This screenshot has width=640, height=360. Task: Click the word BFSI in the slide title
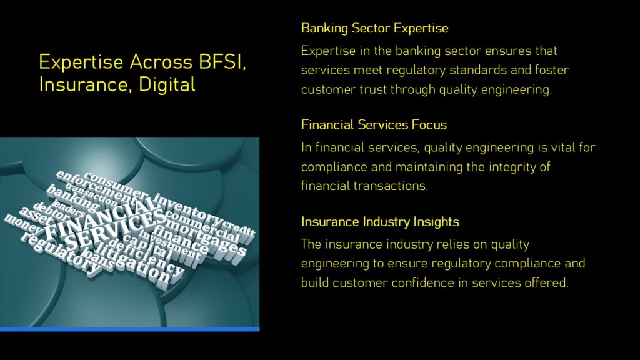pos(222,62)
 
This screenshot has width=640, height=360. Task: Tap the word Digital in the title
pos(167,84)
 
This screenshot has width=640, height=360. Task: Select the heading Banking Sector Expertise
pos(375,28)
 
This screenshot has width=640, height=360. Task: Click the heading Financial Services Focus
pos(374,124)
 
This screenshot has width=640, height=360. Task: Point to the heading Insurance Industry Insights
pos(380,222)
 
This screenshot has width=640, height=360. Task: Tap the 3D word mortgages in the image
pos(207,237)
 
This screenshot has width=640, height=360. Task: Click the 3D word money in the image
pos(22,225)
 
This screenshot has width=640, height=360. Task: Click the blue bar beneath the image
pos(130,329)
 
